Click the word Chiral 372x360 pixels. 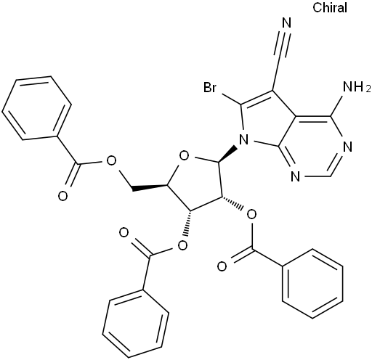pyautogui.click(x=330, y=7)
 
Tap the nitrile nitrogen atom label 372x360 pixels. pyautogui.click(x=287, y=23)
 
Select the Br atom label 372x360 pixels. pyautogui.click(x=209, y=87)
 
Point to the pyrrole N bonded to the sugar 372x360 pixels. pyautogui.click(x=243, y=140)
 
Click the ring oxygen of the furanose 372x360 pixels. pyautogui.click(x=184, y=156)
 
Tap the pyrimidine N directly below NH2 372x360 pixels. pyautogui.click(x=348, y=147)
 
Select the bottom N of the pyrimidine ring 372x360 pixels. pyautogui.click(x=295, y=176)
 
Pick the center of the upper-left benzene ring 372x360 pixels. pyautogui.click(x=37, y=108)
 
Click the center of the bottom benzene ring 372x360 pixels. pyautogui.click(x=136, y=323)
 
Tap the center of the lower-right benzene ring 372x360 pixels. pyautogui.click(x=312, y=284)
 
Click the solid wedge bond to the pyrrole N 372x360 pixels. pyautogui.click(x=227, y=154)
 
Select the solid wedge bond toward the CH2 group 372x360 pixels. pyautogui.click(x=150, y=188)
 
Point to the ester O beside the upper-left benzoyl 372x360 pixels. pyautogui.click(x=111, y=161)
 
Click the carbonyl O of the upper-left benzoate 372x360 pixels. pyautogui.click(x=62, y=196)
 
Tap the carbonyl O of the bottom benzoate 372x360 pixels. pyautogui.click(x=124, y=233)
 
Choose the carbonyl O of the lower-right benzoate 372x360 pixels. pyautogui.click(x=222, y=266)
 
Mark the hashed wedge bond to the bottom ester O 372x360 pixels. pyautogui.click(x=187, y=223)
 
